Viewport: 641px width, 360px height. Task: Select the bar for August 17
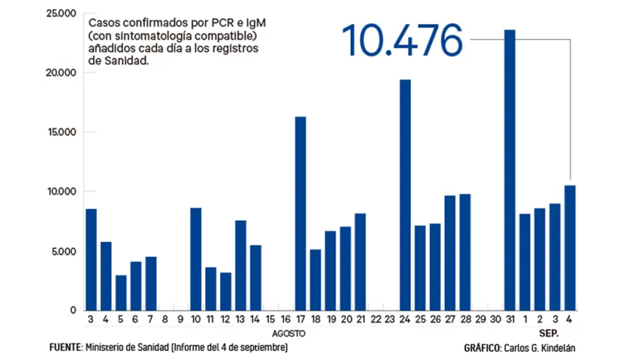click(x=300, y=214)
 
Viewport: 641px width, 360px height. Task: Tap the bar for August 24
click(x=405, y=194)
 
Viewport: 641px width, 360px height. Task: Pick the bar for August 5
click(x=121, y=293)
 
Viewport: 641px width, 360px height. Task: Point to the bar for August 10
click(x=196, y=259)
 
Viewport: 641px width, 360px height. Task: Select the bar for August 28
click(x=465, y=252)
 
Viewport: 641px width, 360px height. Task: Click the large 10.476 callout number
click(x=402, y=40)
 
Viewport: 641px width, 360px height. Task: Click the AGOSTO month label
click(x=288, y=333)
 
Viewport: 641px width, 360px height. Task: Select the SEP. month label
click(x=548, y=333)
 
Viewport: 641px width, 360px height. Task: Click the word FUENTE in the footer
click(x=65, y=348)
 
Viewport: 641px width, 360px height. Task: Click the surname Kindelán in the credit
click(x=556, y=348)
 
